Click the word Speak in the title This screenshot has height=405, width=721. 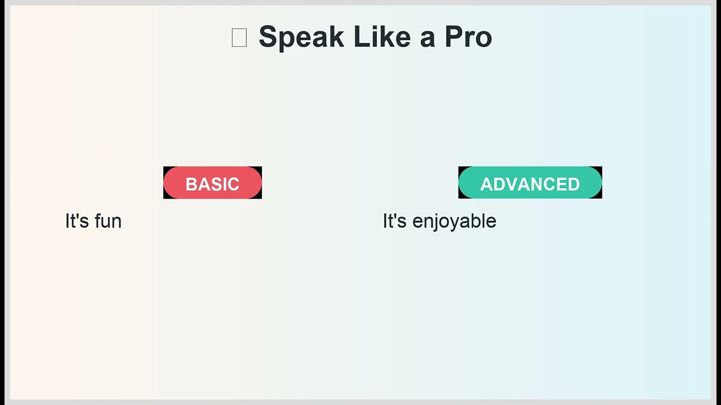tap(301, 38)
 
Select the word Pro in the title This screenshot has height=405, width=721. tap(468, 38)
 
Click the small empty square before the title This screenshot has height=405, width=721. tap(239, 38)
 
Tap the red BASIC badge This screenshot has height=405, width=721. tap(212, 183)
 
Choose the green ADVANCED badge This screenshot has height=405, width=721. tap(530, 183)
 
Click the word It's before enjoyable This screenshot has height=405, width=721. tap(394, 221)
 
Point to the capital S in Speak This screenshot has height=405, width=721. tap(268, 38)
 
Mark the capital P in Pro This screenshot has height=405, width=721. tap(452, 38)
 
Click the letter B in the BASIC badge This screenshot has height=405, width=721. tap(191, 184)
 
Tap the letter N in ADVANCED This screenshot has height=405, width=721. tap(542, 184)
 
